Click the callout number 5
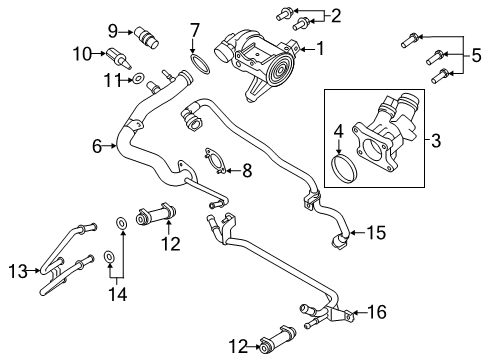click(478, 56)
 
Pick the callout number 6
click(97, 147)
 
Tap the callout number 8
click(247, 171)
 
